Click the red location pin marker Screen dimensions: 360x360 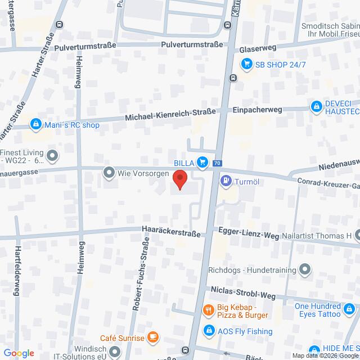tap(179, 180)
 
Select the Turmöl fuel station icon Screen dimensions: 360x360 tap(226, 181)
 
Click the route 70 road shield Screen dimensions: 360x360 tap(217, 164)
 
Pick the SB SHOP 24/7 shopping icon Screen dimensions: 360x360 tap(246, 64)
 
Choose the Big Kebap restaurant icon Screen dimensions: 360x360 tap(208, 310)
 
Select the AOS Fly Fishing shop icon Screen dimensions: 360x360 tap(209, 331)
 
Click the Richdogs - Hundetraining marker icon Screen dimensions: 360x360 tap(305, 271)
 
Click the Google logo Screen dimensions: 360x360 tap(18, 353)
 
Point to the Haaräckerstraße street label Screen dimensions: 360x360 tap(171, 230)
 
